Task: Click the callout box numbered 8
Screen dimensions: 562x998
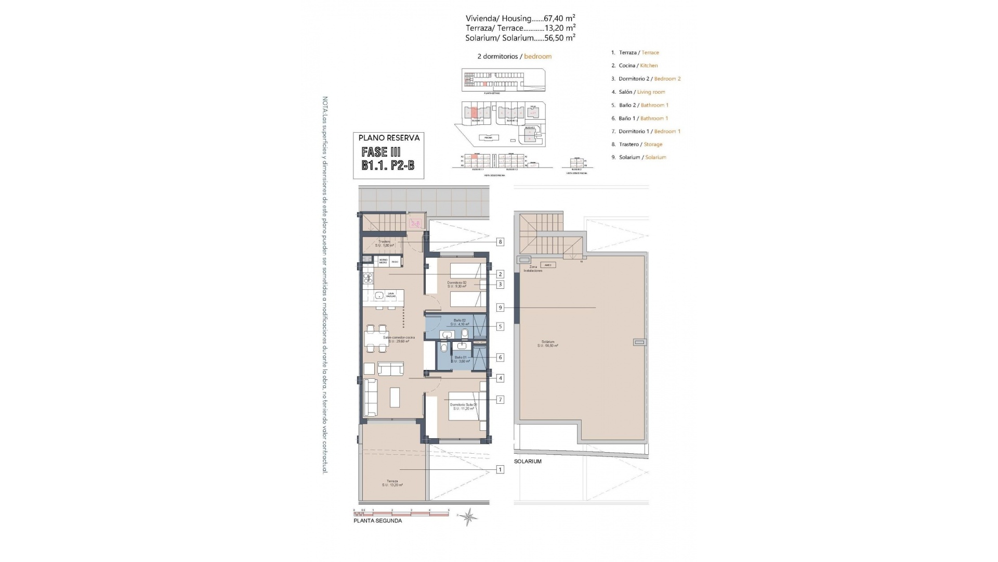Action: pos(500,241)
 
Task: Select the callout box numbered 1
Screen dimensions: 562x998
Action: pos(500,469)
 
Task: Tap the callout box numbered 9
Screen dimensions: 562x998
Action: pos(500,308)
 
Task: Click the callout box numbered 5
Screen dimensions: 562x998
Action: pos(500,327)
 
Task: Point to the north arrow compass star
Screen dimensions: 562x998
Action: pos(469,517)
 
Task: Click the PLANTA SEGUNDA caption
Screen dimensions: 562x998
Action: pos(377,520)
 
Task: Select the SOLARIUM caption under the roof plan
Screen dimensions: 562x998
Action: pos(528,462)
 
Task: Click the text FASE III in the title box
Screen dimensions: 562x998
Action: pos(381,152)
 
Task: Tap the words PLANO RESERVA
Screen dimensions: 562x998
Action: pos(389,138)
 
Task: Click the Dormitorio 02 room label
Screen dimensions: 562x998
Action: pos(457,284)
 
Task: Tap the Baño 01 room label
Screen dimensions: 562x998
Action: pos(460,359)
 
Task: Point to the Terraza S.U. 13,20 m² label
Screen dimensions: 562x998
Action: pos(392,483)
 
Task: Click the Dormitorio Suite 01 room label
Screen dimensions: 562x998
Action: pos(463,406)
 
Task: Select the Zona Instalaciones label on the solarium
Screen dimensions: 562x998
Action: pos(533,269)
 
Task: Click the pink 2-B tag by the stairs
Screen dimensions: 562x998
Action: pos(415,224)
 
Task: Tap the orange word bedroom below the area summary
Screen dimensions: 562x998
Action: pos(537,56)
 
